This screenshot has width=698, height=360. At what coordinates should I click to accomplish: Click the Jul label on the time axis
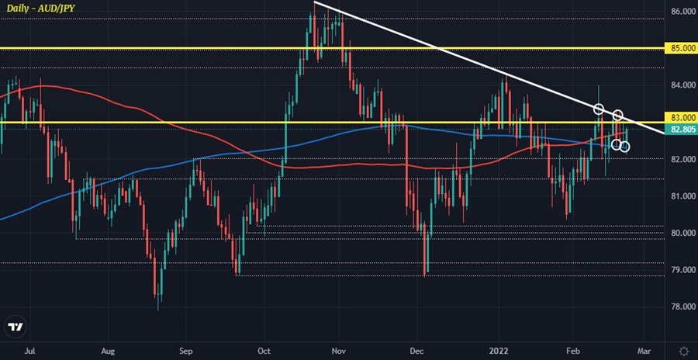31,351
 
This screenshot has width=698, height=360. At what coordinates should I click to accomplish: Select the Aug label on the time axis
109,351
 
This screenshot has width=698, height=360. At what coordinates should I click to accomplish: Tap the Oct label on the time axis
264,351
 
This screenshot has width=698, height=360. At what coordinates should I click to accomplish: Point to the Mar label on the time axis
643,351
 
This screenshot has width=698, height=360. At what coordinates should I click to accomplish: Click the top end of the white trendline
314,3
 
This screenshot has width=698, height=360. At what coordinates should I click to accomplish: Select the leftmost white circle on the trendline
598,109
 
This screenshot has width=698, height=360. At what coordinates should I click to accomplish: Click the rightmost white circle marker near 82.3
624,146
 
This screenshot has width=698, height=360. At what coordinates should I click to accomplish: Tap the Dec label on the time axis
416,351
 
